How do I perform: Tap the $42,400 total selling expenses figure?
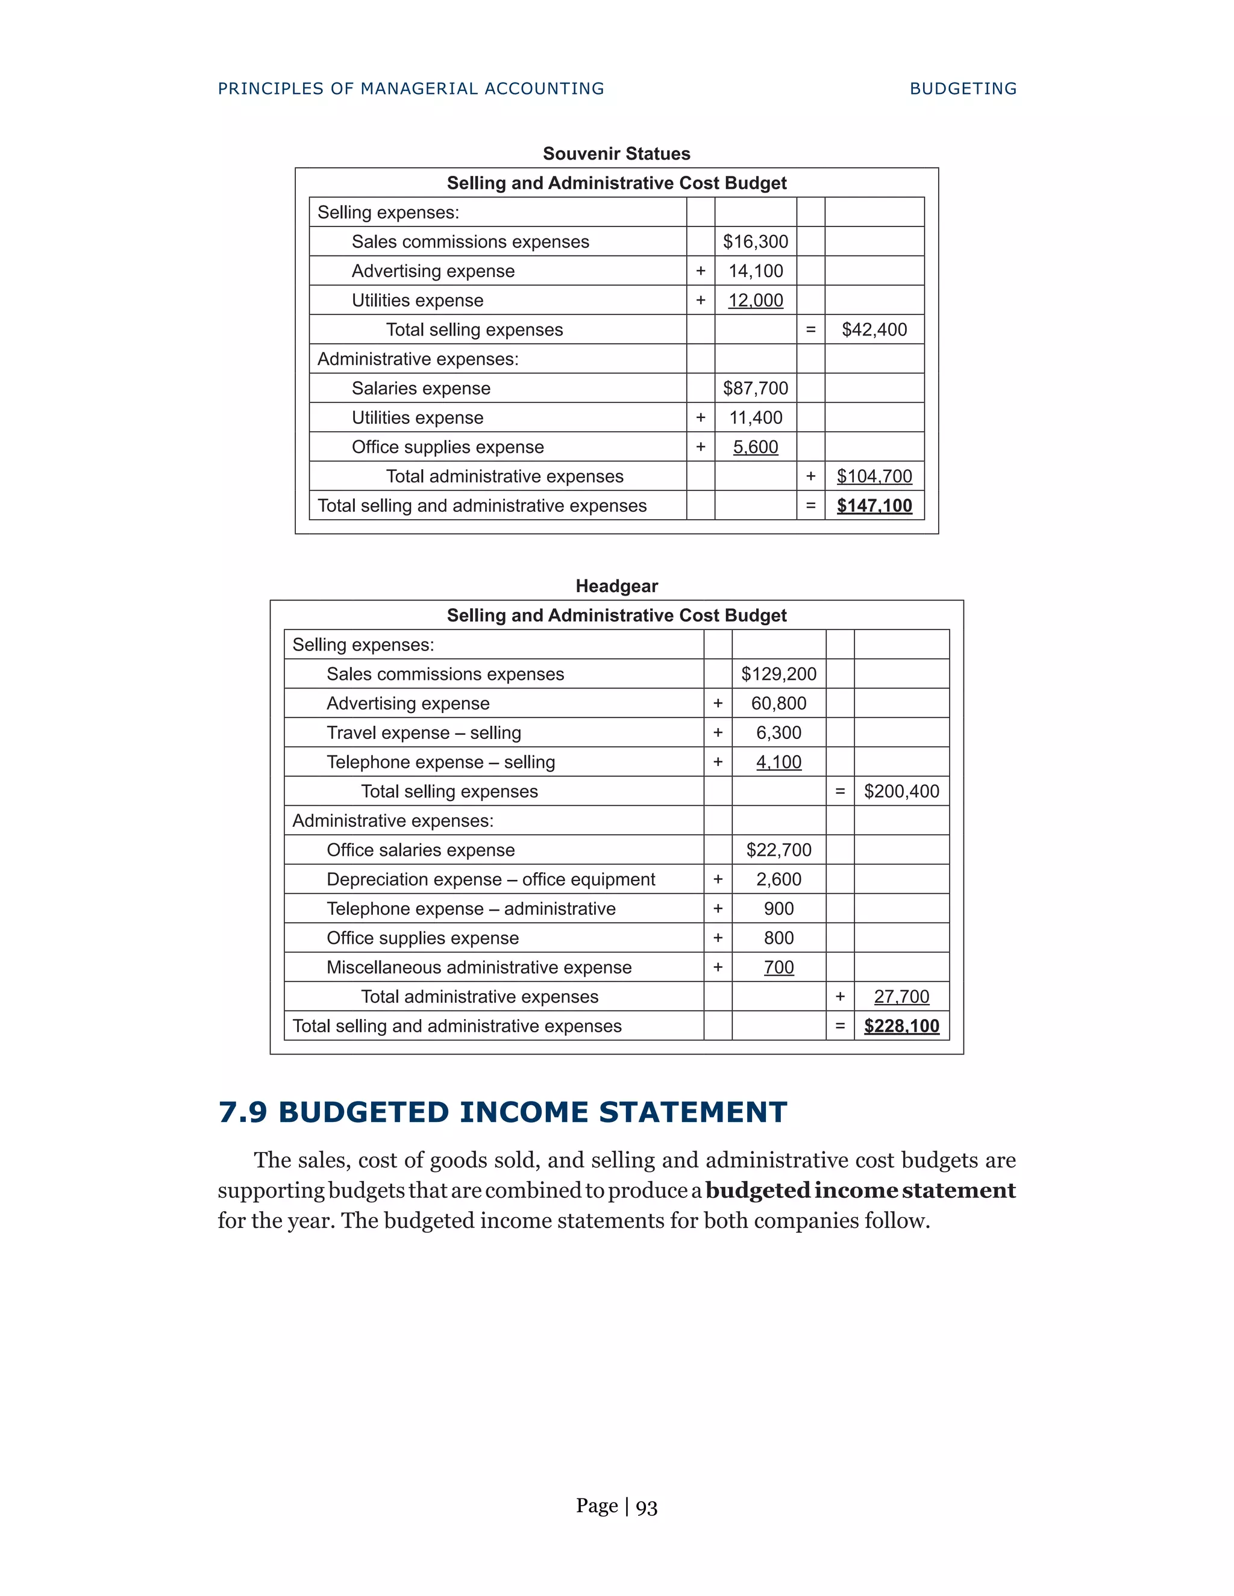click(x=874, y=329)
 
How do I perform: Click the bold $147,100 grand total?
click(x=874, y=506)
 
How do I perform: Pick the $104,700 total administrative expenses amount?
click(x=874, y=476)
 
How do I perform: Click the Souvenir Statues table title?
click(x=616, y=154)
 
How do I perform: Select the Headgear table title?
click(x=616, y=586)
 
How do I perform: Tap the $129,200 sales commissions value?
click(x=778, y=674)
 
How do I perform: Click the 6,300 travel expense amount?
click(x=778, y=732)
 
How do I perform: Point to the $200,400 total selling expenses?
click(x=901, y=791)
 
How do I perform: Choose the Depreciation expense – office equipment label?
click(x=490, y=879)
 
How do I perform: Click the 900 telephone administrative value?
click(x=778, y=908)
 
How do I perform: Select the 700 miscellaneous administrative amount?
click(x=778, y=968)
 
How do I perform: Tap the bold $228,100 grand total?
click(x=901, y=1026)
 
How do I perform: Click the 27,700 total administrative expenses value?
click(x=901, y=997)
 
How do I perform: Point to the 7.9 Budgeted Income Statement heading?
click(x=503, y=1112)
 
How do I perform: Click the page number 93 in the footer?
click(x=647, y=1507)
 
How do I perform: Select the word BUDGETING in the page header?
click(x=963, y=89)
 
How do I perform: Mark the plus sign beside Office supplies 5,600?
click(x=700, y=446)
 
